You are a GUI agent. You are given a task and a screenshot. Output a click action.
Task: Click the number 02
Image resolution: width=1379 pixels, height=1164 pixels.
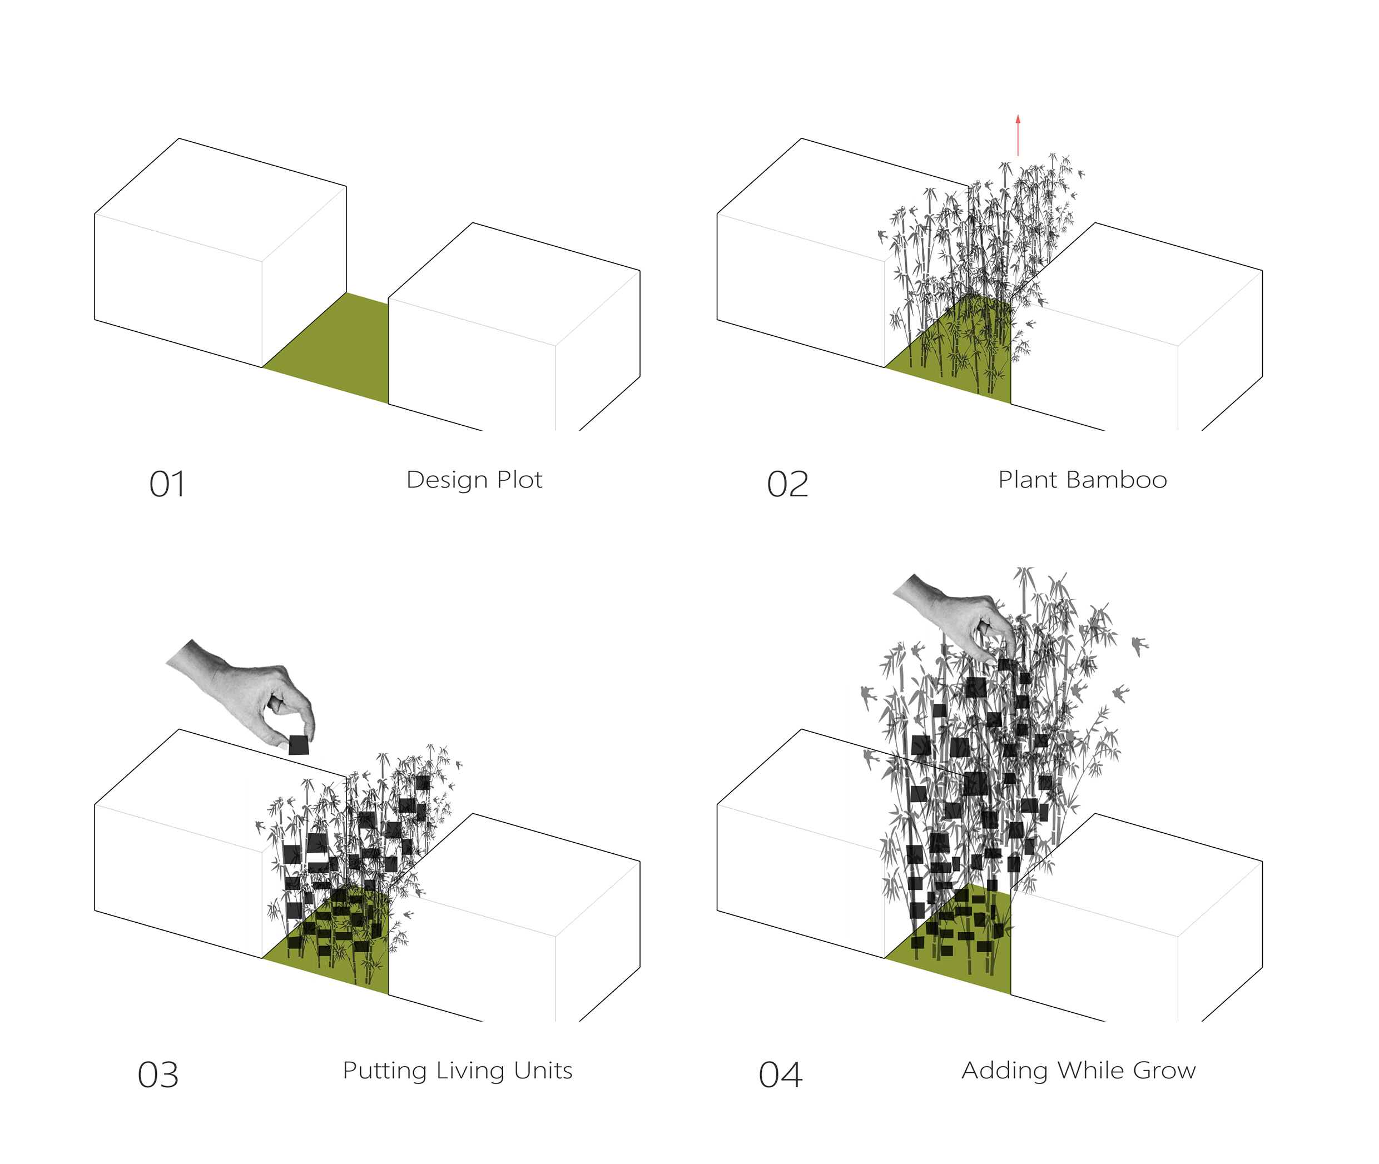[x=787, y=485]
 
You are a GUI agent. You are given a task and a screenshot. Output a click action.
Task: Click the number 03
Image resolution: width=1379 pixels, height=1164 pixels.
[x=158, y=1076]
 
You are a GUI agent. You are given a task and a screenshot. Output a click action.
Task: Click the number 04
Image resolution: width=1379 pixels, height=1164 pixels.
[x=780, y=1076]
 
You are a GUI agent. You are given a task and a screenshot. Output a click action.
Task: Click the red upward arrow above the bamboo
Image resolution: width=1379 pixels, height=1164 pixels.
[x=1018, y=135]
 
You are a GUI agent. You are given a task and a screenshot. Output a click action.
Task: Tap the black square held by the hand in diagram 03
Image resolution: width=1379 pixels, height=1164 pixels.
[x=299, y=745]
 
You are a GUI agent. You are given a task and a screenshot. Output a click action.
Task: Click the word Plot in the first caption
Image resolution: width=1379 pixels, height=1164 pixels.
[x=519, y=480]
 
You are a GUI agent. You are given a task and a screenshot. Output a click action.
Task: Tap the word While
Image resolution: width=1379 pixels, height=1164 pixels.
[x=1089, y=1070]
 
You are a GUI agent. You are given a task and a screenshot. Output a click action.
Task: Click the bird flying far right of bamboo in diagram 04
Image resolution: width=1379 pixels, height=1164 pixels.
[x=1139, y=645]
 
